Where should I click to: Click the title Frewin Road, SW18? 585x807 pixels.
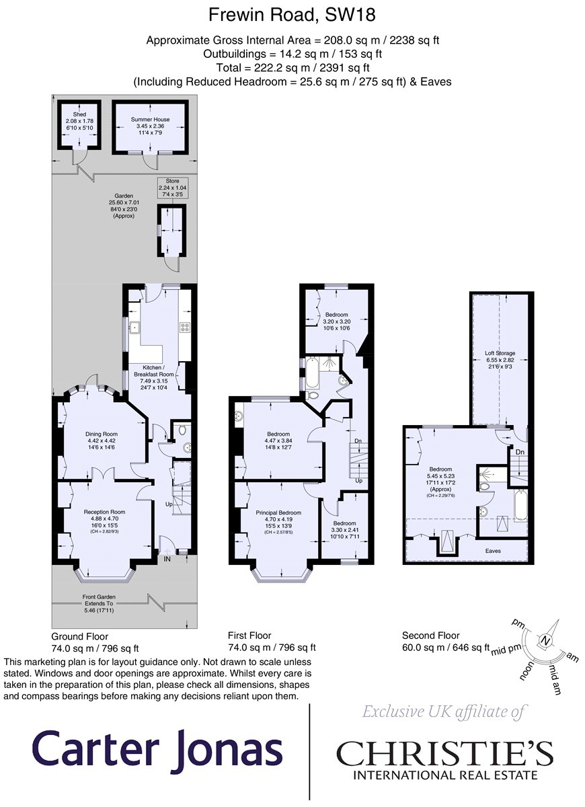coord(292,14)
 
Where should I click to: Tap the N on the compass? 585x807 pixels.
coord(547,642)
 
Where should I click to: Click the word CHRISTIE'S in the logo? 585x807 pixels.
coord(444,754)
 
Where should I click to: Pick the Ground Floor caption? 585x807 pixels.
coord(79,636)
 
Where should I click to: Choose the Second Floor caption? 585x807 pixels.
coord(430,635)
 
